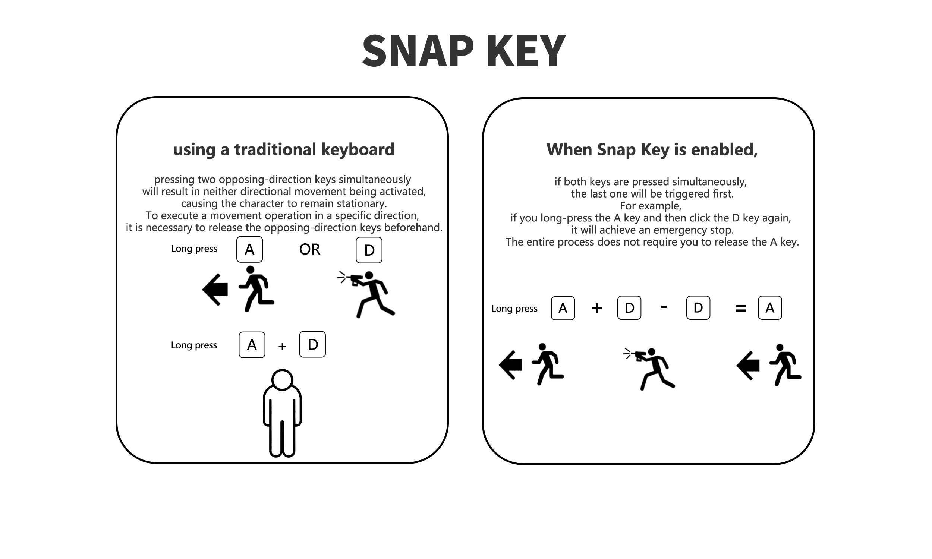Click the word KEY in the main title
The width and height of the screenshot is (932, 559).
click(526, 51)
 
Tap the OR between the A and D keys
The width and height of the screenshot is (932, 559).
click(309, 249)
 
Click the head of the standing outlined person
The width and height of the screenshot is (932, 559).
click(282, 379)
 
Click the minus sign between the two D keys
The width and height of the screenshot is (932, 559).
click(664, 307)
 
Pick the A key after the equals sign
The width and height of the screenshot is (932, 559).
click(769, 308)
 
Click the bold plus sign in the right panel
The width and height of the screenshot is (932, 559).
click(597, 309)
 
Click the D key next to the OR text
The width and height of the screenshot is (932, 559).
click(369, 250)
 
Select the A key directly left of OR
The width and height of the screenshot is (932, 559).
click(249, 249)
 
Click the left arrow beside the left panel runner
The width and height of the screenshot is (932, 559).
click(215, 290)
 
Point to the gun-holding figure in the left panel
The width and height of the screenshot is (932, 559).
click(369, 294)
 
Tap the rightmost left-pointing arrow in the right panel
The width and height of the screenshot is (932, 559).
click(748, 365)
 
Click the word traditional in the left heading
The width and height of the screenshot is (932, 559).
click(275, 149)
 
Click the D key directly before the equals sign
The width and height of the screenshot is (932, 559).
click(698, 308)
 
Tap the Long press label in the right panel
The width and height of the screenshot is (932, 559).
click(514, 309)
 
